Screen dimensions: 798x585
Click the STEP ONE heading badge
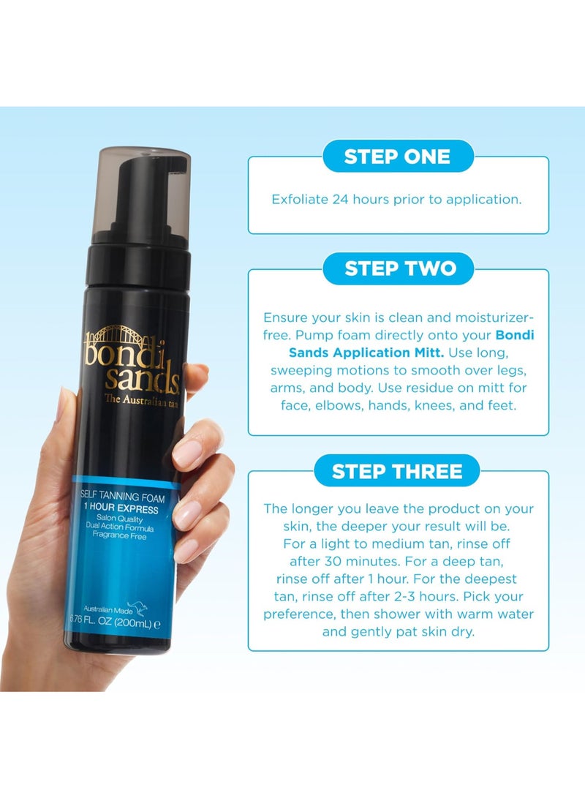pos(398,157)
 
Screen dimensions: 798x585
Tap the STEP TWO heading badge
pos(399,268)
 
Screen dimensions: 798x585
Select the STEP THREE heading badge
pos(397,471)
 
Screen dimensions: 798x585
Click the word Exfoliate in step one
pos(300,199)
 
